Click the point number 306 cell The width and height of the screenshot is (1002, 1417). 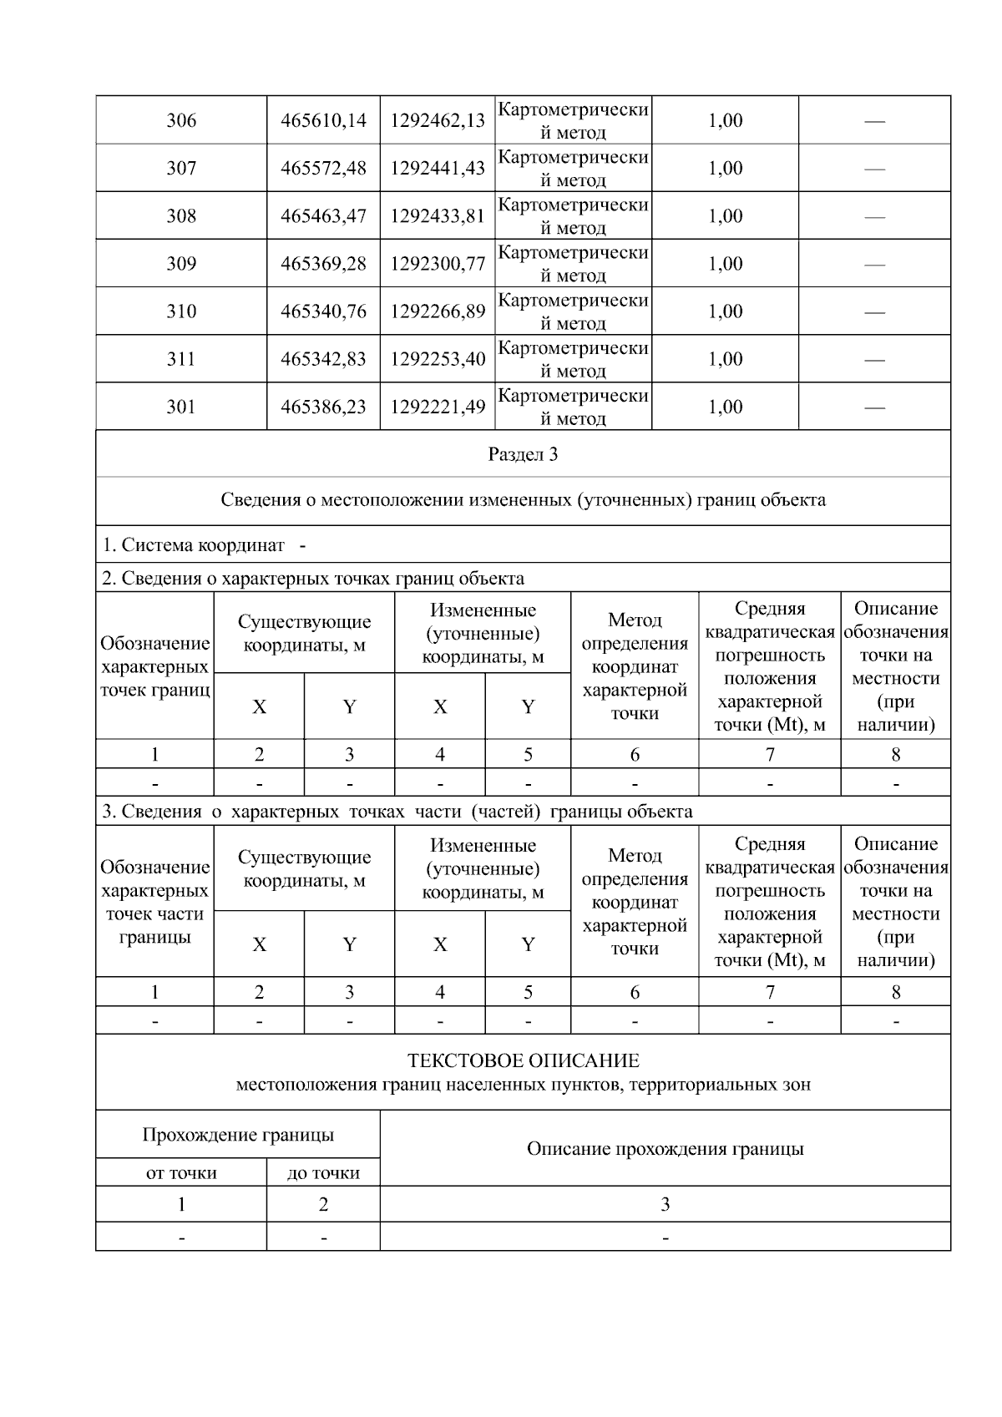181,120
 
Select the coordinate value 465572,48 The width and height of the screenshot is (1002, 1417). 323,168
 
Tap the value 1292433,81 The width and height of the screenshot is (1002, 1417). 438,215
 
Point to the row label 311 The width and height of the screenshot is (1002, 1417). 181,359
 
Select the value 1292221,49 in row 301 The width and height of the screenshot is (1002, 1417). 438,407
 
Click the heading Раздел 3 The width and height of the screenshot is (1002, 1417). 523,454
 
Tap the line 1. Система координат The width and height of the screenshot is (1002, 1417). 204,545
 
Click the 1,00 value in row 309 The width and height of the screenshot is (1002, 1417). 725,264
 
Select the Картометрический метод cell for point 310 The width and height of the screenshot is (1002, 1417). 573,311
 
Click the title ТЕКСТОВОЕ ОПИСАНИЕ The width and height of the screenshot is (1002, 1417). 523,1060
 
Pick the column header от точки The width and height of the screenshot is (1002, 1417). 181,1173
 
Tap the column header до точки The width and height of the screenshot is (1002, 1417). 323,1173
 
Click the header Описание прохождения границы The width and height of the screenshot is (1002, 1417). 665,1149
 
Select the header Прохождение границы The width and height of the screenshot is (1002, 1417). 238,1135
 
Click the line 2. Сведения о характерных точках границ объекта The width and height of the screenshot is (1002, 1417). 313,578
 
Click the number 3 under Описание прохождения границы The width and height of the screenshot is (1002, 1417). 665,1204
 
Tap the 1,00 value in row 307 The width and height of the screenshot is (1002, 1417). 725,168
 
